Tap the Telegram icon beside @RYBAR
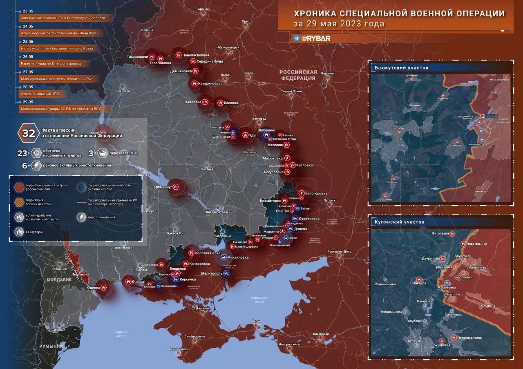click(297, 38)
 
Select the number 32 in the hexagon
click(29, 133)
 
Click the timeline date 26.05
click(28, 57)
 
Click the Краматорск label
click(270, 201)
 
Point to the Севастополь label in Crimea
click(179, 349)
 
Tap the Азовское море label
click(259, 299)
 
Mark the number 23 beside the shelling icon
click(22, 153)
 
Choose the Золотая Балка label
click(208, 253)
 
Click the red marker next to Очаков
click(128, 281)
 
